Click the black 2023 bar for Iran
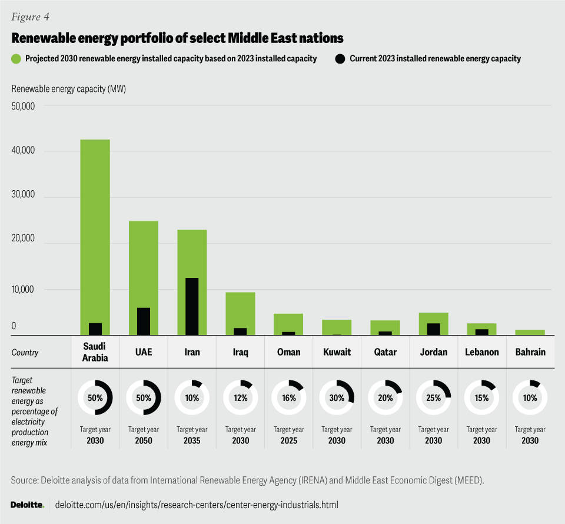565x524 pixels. (192, 306)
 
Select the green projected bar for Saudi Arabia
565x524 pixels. (95, 230)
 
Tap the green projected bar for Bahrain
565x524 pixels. (530, 332)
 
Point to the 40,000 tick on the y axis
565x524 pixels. (24, 151)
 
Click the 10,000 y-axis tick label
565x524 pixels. (24, 289)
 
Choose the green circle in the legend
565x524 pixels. (16, 58)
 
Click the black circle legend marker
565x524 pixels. (340, 58)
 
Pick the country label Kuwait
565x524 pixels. (337, 352)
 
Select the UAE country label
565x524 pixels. (144, 352)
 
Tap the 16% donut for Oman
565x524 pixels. (288, 398)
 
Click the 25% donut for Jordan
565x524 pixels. (433, 398)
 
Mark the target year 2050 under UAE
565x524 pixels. (144, 441)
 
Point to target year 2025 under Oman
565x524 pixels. (288, 441)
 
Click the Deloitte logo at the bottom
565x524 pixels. (27, 505)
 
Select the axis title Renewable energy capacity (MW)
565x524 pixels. (69, 89)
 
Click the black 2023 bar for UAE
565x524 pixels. (144, 321)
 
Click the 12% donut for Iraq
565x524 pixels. (240, 398)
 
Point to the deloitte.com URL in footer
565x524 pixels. (197, 505)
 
